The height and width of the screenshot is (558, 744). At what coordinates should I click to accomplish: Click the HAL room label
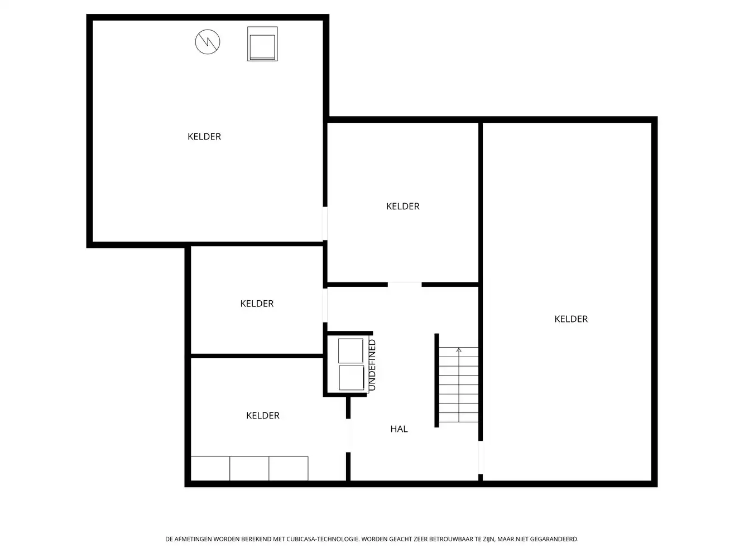(399, 429)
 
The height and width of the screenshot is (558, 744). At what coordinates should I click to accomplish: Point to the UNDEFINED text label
(372, 365)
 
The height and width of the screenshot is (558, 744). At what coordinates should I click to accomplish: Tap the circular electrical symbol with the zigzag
(208, 42)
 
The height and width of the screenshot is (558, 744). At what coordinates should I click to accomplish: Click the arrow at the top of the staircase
(459, 350)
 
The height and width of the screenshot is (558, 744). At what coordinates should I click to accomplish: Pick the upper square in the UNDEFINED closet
(351, 350)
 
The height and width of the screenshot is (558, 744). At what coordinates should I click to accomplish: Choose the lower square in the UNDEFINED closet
(351, 378)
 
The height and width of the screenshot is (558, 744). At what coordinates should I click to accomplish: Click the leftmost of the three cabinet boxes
(210, 469)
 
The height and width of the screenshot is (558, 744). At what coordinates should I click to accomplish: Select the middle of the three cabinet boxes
(249, 469)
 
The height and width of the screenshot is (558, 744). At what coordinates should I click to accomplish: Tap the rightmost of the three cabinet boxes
(289, 469)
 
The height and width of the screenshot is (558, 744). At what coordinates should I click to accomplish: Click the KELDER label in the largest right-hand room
(571, 319)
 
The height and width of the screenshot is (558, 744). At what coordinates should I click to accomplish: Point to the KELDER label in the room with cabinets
(263, 416)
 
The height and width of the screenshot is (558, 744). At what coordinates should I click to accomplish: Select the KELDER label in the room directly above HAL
(402, 206)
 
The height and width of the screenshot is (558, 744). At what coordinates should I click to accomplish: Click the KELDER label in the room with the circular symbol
(204, 137)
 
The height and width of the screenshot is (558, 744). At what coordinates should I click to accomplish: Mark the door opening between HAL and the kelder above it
(405, 285)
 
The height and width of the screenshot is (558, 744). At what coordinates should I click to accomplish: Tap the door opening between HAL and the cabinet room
(348, 435)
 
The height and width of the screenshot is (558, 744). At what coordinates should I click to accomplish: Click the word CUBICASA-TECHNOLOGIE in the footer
(323, 540)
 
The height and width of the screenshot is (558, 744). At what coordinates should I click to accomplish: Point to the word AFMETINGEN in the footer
(193, 540)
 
